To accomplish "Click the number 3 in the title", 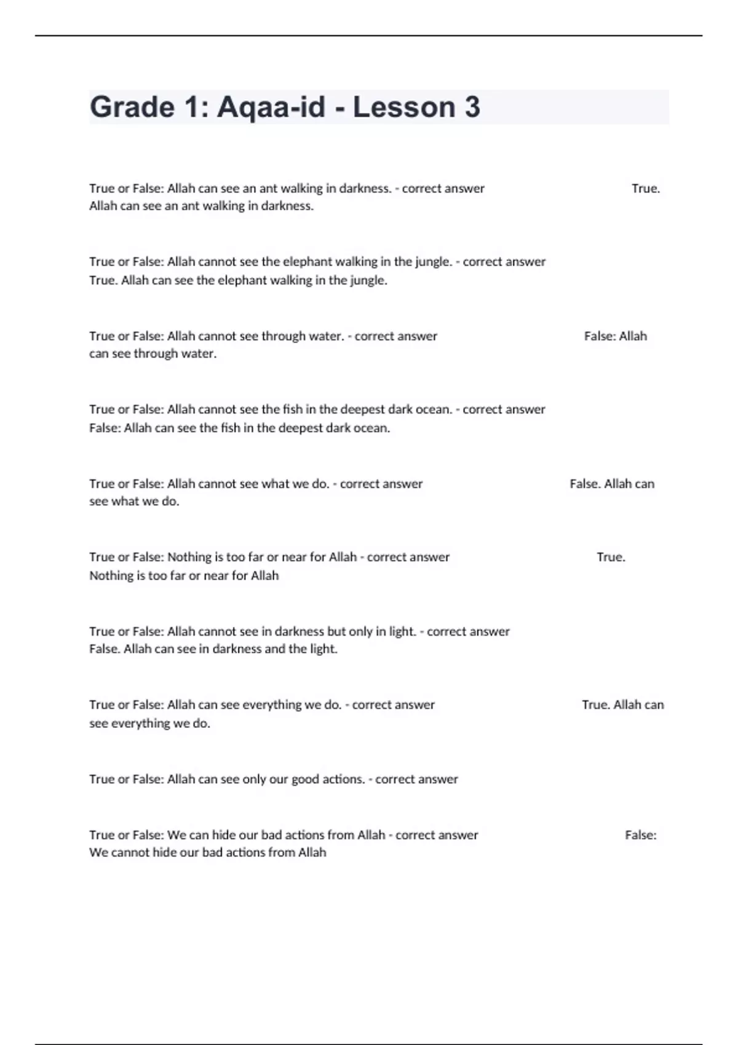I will pyautogui.click(x=472, y=107).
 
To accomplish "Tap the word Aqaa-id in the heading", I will pyautogui.click(x=271, y=107).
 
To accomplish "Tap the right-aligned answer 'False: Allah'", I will pyautogui.click(x=615, y=336).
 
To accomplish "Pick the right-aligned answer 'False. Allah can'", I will pyautogui.click(x=612, y=484).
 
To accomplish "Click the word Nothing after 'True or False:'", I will pyautogui.click(x=189, y=558).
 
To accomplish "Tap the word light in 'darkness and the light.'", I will pyautogui.click(x=323, y=649).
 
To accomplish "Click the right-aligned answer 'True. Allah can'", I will pyautogui.click(x=622, y=705).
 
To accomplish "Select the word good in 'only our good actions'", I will pyautogui.click(x=305, y=779).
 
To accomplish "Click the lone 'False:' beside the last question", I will pyautogui.click(x=640, y=835).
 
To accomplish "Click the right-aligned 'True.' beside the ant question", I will pyautogui.click(x=645, y=189).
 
